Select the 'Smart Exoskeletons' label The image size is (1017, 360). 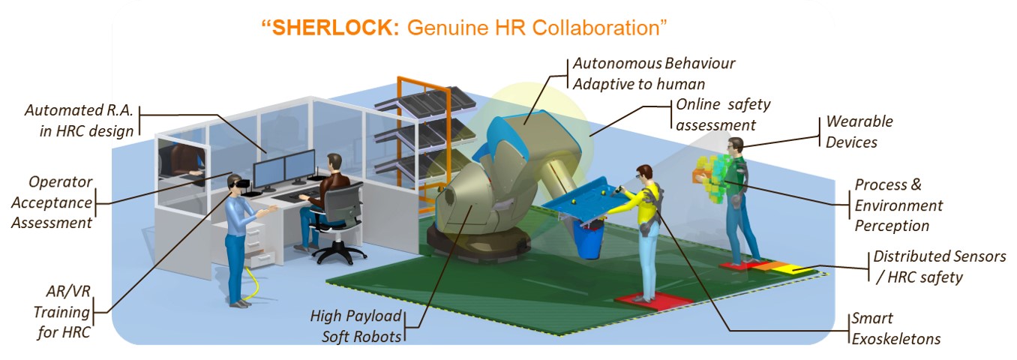pyautogui.click(x=895, y=328)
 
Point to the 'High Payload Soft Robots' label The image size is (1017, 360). pyautogui.click(x=356, y=325)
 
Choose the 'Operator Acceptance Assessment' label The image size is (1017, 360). pyautogui.click(x=60, y=202)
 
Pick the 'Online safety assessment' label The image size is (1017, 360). pyautogui.click(x=722, y=115)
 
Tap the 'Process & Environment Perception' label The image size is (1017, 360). pyautogui.click(x=898, y=205)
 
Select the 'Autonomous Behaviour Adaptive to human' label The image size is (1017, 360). pyautogui.click(x=653, y=73)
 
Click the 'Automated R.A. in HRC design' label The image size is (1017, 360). pyautogui.click(x=79, y=120)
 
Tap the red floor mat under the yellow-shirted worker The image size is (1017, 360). pyautogui.click(x=654, y=298)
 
